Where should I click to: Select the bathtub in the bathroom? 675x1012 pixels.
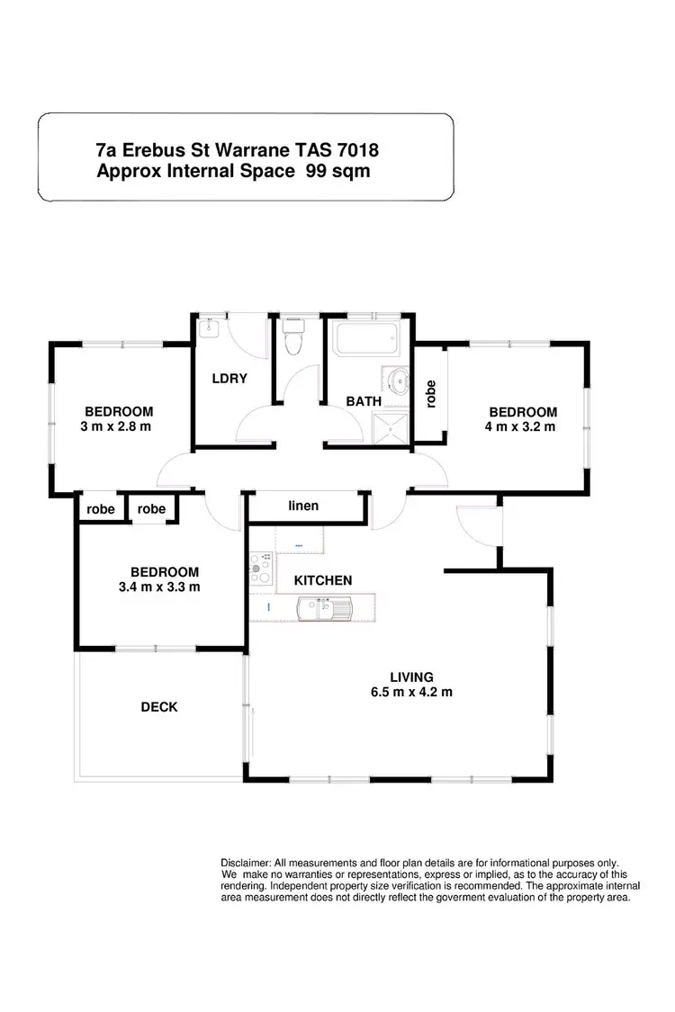point(366,341)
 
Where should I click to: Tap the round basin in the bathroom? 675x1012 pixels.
point(396,378)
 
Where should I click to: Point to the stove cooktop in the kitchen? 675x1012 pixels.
point(260,569)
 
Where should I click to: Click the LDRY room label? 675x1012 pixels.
point(229,379)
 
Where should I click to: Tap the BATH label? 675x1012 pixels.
point(364,401)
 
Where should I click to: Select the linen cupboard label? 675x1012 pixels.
point(303,506)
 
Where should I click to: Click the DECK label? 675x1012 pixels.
point(159,707)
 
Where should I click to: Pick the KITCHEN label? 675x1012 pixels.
point(323,580)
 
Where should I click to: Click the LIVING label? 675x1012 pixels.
point(411,676)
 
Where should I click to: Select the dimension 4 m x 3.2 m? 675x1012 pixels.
point(519,426)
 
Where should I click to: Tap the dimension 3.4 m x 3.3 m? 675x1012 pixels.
point(158,587)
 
